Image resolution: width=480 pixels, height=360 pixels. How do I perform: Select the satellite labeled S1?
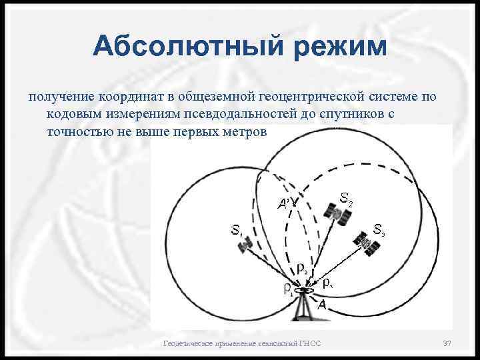coord(245,246)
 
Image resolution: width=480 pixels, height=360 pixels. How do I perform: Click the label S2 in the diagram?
coord(347,198)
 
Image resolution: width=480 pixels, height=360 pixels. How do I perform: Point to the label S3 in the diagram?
coord(379,230)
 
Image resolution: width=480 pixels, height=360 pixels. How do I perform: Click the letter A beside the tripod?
coord(322,305)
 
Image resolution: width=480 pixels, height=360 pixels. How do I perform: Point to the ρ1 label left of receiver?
coord(288,289)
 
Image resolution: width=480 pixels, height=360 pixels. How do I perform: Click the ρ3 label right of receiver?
coord(327,283)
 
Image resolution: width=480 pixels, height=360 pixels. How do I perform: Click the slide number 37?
coord(447,343)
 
